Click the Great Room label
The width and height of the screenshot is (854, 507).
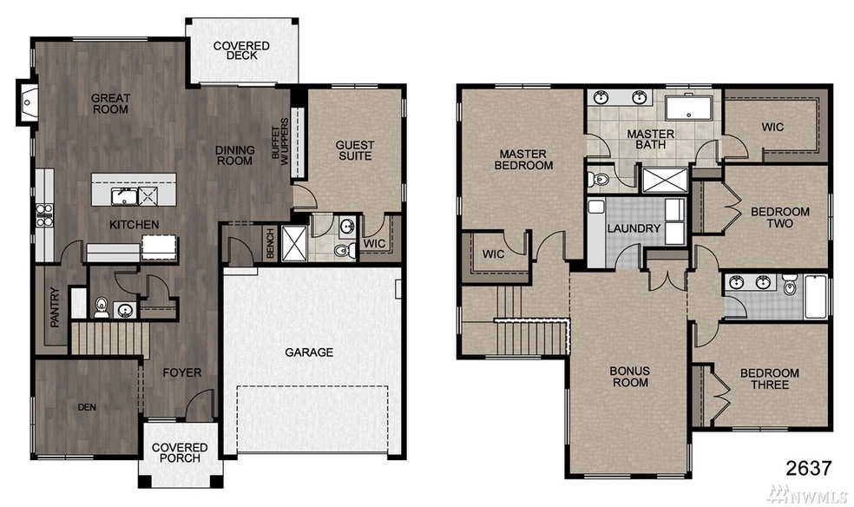click(110, 104)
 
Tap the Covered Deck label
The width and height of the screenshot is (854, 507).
click(241, 50)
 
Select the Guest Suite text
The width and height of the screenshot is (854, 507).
click(355, 151)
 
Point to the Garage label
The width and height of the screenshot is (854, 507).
click(309, 352)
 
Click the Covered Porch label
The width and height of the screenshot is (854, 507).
click(181, 452)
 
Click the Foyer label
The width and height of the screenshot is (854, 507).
click(181, 373)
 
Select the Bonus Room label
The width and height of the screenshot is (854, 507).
click(629, 377)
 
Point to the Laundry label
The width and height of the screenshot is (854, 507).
click(634, 229)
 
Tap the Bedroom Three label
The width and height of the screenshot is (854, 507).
click(769, 379)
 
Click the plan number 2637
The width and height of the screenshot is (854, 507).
click(808, 468)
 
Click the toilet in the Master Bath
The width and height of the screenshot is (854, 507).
click(598, 180)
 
